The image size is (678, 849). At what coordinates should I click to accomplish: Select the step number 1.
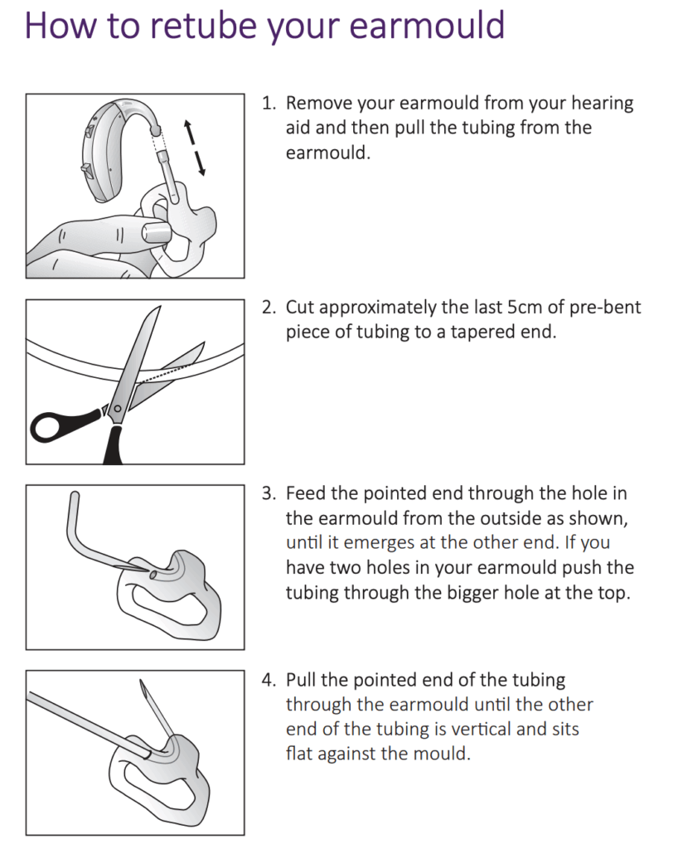pos(268,104)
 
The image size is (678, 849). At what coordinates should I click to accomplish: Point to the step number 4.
pos(268,680)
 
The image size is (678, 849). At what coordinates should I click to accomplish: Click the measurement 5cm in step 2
pos(523,307)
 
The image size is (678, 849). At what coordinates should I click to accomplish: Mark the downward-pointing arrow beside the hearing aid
pos(200,163)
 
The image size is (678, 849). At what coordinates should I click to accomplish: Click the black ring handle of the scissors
pos(54,426)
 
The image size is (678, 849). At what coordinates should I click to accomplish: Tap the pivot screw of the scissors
pos(118,407)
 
